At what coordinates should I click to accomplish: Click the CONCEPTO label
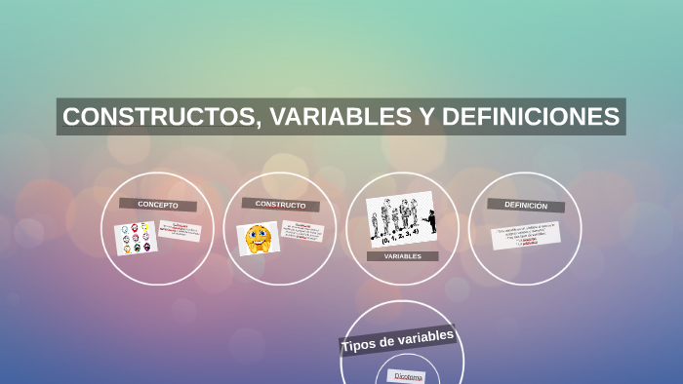point(158,205)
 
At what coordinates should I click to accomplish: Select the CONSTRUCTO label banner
point(280,205)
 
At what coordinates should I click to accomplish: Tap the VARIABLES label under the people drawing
point(402,256)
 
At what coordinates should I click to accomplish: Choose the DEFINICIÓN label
point(525,206)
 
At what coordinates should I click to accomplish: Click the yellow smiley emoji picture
point(258,238)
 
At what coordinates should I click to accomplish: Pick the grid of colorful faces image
point(136,237)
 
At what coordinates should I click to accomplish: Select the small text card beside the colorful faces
point(181,231)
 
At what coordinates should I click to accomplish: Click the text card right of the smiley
point(301,231)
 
